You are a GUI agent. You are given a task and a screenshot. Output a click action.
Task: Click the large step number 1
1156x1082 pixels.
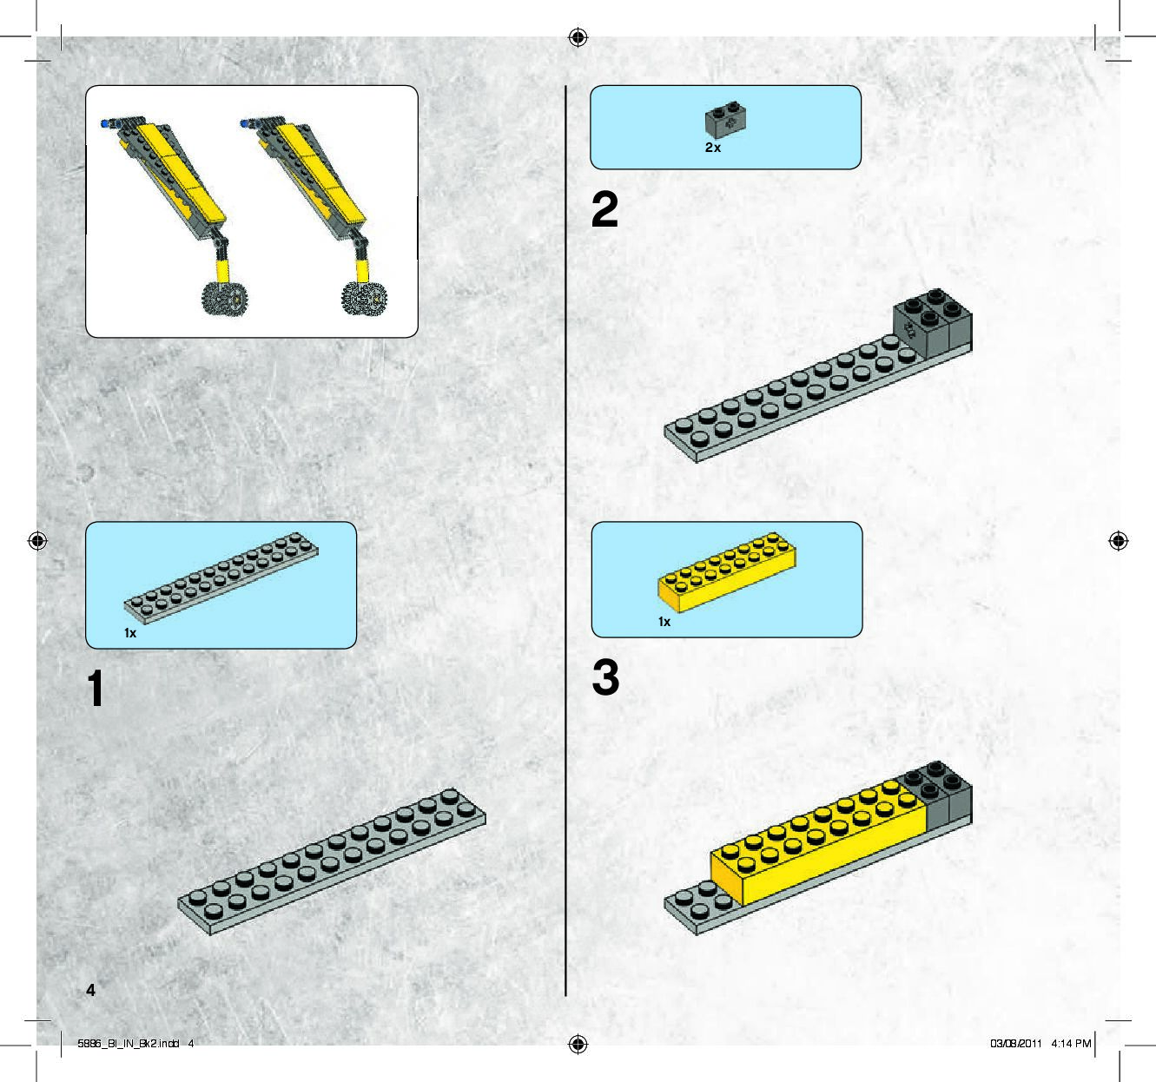[x=96, y=689]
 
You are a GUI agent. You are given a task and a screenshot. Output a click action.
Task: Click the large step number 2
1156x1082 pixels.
[x=604, y=210]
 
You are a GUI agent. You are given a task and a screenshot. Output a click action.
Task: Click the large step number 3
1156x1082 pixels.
[x=605, y=678]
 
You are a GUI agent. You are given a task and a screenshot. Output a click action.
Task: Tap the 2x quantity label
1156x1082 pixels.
[x=713, y=148]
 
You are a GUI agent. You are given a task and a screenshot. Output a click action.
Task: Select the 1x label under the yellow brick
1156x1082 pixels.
[x=664, y=622]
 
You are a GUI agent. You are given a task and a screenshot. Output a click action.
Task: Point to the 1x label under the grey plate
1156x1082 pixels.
[x=130, y=633]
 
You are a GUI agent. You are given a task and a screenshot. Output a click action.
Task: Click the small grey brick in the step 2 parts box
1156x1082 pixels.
[x=726, y=121]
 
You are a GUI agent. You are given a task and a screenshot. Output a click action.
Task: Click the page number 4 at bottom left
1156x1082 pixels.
[x=90, y=990]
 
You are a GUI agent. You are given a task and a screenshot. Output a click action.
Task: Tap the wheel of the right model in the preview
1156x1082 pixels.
[x=363, y=299]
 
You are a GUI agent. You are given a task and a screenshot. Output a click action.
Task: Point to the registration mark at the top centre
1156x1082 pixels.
[x=578, y=37]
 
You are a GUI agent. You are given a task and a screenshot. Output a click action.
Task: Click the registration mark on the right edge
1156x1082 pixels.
[x=1119, y=541]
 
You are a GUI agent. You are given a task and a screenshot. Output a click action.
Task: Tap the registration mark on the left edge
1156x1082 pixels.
[x=37, y=541]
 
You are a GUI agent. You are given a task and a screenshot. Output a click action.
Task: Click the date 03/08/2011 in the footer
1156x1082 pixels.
[x=1015, y=1043]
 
